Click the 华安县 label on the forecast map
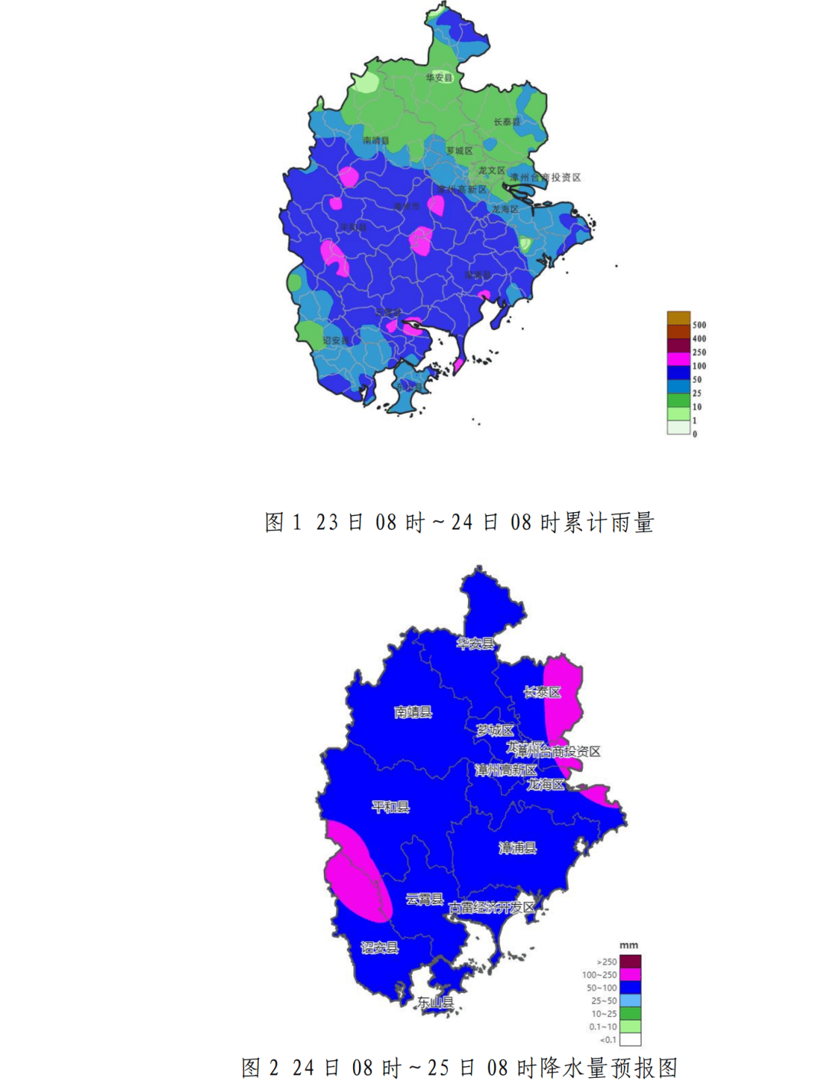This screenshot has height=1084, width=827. click(x=475, y=643)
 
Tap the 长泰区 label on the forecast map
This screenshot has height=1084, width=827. click(x=542, y=692)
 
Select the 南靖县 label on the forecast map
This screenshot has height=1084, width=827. click(x=413, y=712)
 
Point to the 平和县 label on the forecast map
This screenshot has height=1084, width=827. click(x=391, y=807)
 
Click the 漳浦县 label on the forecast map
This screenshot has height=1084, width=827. click(x=518, y=847)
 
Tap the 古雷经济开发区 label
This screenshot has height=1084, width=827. click(x=492, y=907)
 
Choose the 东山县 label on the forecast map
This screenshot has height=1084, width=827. click(x=435, y=1002)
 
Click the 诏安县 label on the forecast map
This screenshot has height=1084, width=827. click(x=380, y=948)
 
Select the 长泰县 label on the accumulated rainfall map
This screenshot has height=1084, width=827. click(x=506, y=122)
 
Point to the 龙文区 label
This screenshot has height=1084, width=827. click(x=492, y=170)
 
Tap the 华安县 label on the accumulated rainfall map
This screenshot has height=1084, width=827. click(x=440, y=77)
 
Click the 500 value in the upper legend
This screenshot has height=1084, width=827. click(x=699, y=325)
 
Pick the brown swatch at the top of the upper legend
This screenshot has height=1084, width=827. click(x=678, y=318)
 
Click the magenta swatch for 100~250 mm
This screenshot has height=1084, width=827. click(x=630, y=975)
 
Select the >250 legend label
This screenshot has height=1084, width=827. click(x=606, y=962)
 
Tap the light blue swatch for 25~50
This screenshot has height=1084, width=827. click(x=630, y=1001)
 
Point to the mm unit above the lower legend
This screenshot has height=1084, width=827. click(x=629, y=945)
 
